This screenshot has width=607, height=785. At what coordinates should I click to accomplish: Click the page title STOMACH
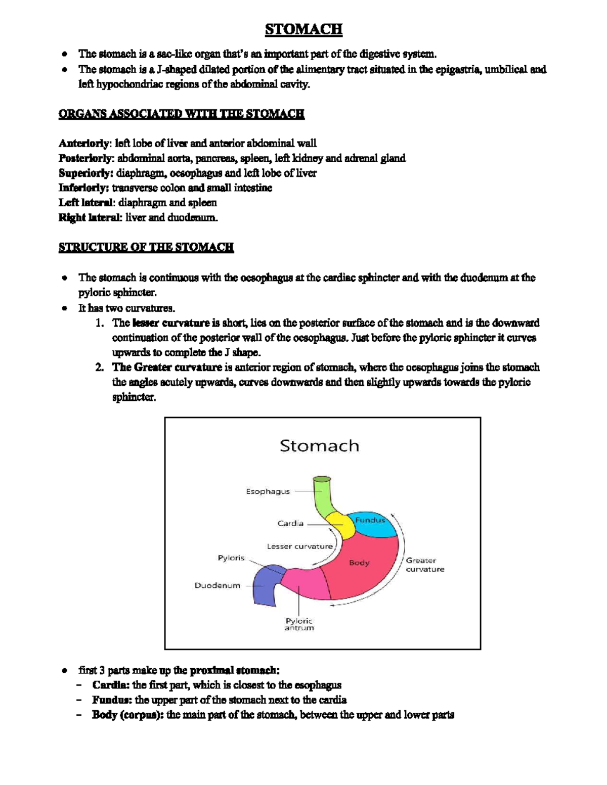coord(303,29)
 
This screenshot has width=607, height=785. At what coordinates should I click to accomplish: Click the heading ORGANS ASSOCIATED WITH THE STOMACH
coord(181,114)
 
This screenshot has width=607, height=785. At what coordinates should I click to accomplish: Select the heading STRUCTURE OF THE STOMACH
coord(146,247)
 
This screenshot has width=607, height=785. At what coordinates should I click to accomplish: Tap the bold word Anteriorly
coord(83,144)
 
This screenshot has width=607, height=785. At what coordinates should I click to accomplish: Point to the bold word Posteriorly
coord(84,158)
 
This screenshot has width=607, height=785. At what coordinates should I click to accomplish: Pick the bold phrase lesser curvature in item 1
coord(171,323)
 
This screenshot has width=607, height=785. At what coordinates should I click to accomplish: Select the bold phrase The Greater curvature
coord(167,367)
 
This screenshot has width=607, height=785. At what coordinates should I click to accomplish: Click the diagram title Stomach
coord(319,446)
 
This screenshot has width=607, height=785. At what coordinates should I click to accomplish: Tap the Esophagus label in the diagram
coord(268,491)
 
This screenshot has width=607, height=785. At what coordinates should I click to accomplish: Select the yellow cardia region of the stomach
coord(341,526)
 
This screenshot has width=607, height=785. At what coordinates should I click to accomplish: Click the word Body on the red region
coord(359,563)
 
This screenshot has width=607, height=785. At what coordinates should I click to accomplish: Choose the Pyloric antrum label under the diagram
coord(299,624)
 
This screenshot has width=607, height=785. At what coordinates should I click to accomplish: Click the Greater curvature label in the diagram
coord(424,565)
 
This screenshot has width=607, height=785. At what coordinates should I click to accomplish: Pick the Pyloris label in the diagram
coord(231,558)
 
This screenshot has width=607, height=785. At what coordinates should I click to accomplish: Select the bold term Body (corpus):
coord(127,715)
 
